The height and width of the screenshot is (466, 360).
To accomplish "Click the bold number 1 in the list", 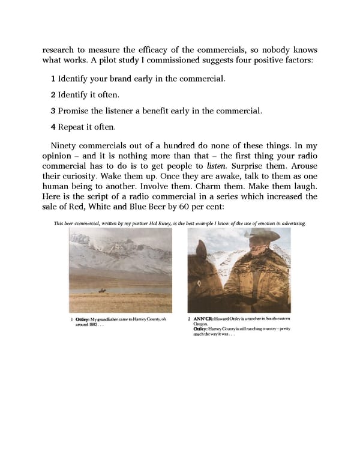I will coord(53,79).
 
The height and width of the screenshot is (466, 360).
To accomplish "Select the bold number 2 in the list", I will coord(53,95).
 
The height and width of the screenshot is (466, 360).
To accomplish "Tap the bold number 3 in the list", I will coord(53,111).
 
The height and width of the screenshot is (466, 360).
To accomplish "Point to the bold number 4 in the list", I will coord(53,127).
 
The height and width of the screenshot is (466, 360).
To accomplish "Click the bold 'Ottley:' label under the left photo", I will coord(82,319).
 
